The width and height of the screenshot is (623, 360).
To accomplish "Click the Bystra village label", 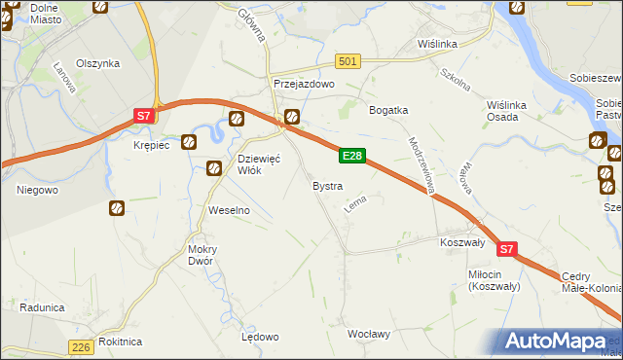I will (326, 185).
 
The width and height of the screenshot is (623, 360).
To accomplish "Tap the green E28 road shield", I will (352, 156).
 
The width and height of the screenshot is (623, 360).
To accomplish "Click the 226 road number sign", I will (82, 347).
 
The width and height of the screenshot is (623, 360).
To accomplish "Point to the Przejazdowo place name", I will (304, 85).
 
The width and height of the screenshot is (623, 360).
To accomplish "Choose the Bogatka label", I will (387, 110).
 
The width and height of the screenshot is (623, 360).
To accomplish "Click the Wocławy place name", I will (369, 334).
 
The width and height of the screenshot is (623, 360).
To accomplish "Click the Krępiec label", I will (151, 145).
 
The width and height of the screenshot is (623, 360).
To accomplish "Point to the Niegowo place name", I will (37, 190).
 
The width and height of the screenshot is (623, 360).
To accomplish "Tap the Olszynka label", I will (99, 63).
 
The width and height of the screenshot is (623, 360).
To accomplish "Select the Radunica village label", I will (42, 307).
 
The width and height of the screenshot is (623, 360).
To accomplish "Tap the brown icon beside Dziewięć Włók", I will (214, 169).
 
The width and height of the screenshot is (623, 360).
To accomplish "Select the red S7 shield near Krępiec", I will (143, 116).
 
